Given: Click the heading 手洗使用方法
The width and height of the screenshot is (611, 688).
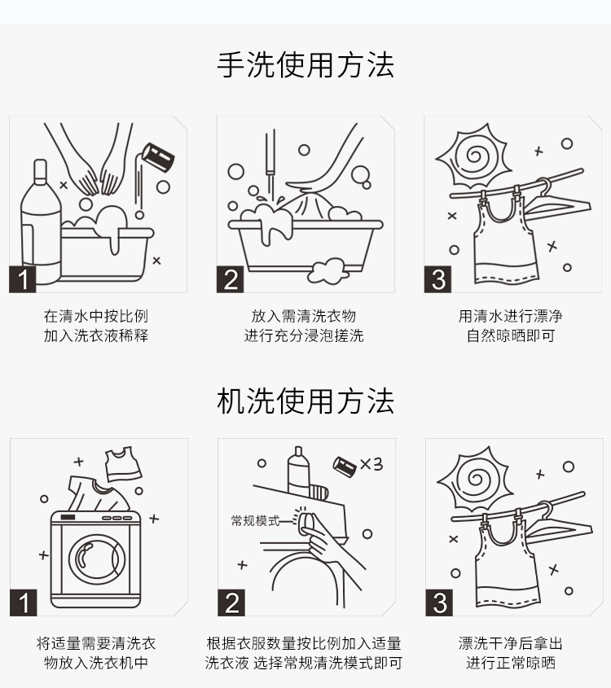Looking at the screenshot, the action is tap(305, 65).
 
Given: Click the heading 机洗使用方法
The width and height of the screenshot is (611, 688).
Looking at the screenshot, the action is tap(305, 401).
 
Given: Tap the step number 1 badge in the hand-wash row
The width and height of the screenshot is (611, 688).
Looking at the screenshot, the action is tap(22, 279).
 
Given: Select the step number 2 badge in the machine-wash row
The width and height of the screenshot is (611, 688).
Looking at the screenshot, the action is tap(231, 603).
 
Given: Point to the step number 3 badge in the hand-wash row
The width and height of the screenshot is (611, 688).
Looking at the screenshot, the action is tap(437, 279).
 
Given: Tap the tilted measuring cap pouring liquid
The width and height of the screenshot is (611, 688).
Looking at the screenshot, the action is tap(158, 156).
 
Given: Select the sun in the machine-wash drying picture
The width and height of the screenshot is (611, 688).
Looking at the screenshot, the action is tap(476, 479).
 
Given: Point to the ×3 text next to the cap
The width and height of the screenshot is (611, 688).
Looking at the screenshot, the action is tap(371, 464).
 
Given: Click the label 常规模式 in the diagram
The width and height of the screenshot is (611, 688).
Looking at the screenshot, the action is tap(255, 521).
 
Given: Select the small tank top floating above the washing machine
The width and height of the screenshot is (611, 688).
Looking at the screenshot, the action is tap(123, 464).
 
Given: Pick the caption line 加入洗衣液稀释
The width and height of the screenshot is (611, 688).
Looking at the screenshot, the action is tap(96, 335).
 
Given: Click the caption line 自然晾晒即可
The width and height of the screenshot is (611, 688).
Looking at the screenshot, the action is tap(511, 335).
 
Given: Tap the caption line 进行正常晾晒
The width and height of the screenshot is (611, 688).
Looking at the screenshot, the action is tap(511, 663).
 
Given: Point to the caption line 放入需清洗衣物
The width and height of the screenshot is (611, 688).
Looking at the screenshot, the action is tap(303, 316).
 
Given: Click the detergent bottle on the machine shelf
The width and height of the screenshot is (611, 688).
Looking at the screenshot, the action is tap(298, 471).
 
